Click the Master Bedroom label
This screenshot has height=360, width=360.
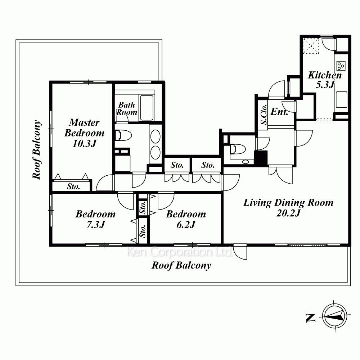84,133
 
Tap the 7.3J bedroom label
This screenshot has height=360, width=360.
95,219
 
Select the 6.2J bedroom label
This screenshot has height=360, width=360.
186,219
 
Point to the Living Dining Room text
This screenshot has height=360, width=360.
288,202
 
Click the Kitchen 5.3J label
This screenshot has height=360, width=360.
325,80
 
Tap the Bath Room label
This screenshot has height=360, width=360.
126,108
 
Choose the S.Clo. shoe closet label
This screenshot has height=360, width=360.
264,114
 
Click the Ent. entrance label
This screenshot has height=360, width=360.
279,112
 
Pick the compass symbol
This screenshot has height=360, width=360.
334,316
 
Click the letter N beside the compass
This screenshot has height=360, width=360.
310,318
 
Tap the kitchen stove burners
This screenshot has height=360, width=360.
341,66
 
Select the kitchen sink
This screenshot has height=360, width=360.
341,99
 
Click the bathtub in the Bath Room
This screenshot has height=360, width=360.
147,108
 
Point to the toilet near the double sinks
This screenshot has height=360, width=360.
123,135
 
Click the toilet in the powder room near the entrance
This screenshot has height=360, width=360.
238,149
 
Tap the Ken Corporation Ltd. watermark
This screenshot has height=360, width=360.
180,252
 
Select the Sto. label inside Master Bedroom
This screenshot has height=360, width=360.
73,186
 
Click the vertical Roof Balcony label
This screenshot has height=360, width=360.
36,149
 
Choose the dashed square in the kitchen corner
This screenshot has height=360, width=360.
311,46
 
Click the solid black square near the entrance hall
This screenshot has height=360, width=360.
261,158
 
